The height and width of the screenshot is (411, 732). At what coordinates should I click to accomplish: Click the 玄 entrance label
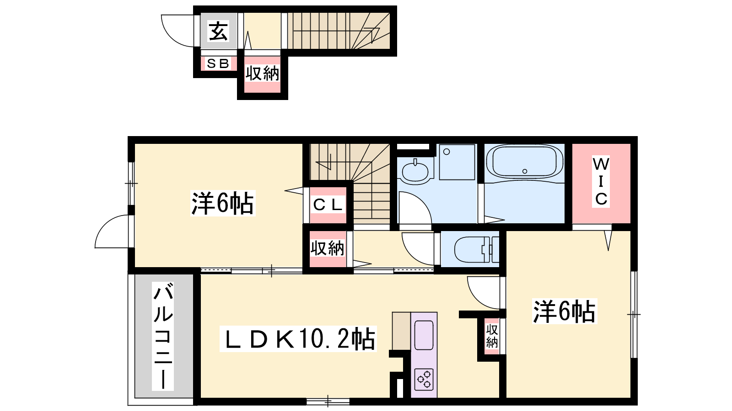pyautogui.click(x=218, y=31)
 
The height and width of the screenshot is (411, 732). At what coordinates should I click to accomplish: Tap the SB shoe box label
pyautogui.click(x=218, y=63)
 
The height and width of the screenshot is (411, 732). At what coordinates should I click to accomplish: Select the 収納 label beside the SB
pyautogui.click(x=263, y=74)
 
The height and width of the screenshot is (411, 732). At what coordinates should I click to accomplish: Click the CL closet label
pyautogui.click(x=328, y=205)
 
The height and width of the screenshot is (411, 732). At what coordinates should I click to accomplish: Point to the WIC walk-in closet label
pyautogui.click(x=601, y=181)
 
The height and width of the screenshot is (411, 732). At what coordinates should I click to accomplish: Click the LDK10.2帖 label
pyautogui.click(x=298, y=339)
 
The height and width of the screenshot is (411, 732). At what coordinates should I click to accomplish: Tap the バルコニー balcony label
pyautogui.click(x=163, y=336)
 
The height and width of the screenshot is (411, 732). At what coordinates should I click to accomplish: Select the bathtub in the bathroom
pyautogui.click(x=524, y=162)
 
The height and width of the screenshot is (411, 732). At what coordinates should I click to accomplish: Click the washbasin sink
pyautogui.click(x=415, y=171)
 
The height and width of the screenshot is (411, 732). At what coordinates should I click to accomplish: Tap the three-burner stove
pyautogui.click(x=424, y=379)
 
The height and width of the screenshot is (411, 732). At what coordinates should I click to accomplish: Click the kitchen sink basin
pyautogui.click(x=424, y=335)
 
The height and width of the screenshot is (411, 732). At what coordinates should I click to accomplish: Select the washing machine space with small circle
pyautogui.click(x=457, y=162)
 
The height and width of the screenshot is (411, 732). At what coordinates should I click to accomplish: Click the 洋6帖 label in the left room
pyautogui.click(x=222, y=204)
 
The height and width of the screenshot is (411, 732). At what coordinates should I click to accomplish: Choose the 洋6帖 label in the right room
pyautogui.click(x=565, y=311)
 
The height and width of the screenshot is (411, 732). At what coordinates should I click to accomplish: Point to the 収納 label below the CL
pyautogui.click(x=328, y=248)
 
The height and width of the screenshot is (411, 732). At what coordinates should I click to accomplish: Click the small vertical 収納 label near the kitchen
pyautogui.click(x=492, y=336)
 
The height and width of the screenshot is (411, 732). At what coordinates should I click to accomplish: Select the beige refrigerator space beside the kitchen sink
pyautogui.click(x=402, y=331)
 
